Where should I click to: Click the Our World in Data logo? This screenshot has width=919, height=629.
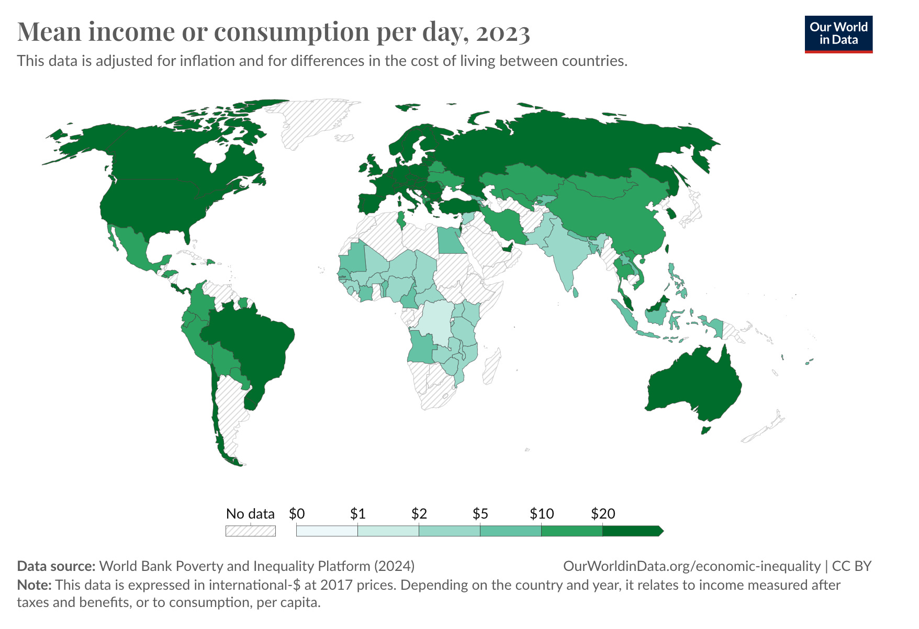pos(838,34)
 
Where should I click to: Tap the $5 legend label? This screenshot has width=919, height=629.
pos(480,514)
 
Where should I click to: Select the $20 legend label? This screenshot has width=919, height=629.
pos(602,514)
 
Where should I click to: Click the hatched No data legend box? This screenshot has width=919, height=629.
pos(250,531)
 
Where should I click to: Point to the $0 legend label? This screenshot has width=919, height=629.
pos(297,514)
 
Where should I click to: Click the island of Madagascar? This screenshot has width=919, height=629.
pos(491,366)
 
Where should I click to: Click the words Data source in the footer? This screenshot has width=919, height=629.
pos(56,566)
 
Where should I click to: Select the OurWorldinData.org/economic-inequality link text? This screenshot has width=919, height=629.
pos(691,566)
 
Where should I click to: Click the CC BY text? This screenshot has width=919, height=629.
pos(851,566)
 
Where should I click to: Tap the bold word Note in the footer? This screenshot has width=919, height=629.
pos(33,585)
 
